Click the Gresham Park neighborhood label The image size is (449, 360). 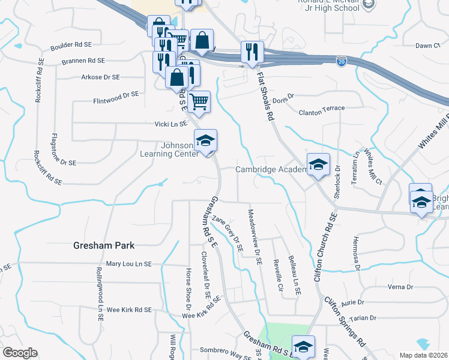tap(103, 245)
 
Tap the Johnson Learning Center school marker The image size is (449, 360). tap(205, 142)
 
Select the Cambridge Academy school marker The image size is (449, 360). tap(318, 164)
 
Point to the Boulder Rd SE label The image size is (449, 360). tap(71, 45)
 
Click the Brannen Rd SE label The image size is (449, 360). tap(83, 61)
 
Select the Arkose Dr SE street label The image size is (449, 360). tap(100, 77)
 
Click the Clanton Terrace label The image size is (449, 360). tap(322, 109)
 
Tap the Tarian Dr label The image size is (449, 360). tap(364, 317)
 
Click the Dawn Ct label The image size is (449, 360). tap(427, 46)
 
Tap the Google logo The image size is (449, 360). tap(20, 353)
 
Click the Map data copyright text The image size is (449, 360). tap(424, 355)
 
